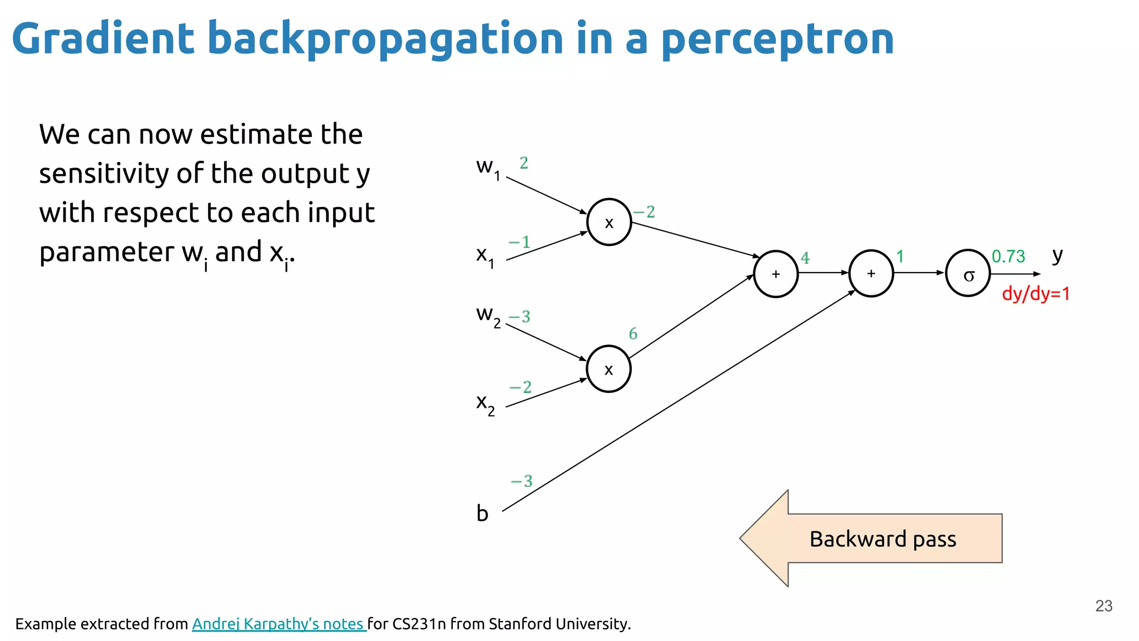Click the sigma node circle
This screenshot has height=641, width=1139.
[968, 273]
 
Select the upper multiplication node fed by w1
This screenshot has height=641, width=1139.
[609, 222]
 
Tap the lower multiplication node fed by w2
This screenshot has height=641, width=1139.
[608, 369]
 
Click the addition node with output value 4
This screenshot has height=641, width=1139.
[776, 274]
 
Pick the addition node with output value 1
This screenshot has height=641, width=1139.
[871, 273]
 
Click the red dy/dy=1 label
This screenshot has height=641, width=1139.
[1036, 294]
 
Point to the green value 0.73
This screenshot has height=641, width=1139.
[1008, 257]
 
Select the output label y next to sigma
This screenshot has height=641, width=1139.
[1057, 255]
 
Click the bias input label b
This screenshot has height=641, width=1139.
[482, 513]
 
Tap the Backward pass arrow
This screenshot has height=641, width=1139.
[871, 539]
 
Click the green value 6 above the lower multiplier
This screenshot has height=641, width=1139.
[633, 334]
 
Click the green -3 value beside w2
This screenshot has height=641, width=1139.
[520, 317]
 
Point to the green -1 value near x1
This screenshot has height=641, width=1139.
[519, 242]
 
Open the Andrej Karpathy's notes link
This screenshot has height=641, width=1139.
[278, 624]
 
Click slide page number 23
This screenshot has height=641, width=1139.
[1103, 605]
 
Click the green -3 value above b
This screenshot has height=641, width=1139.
[522, 481]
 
